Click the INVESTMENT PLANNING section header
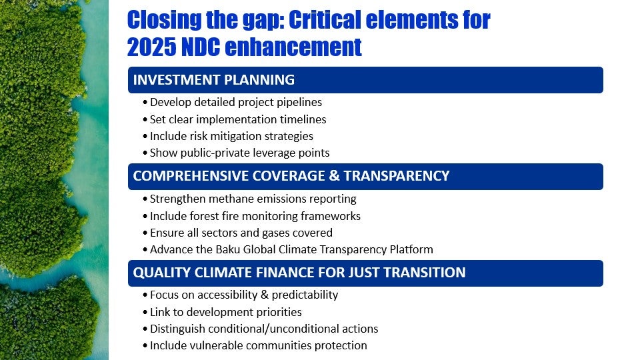pos(214,80)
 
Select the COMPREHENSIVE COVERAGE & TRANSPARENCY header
pos(291,176)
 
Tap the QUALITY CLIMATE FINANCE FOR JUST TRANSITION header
pos(299,273)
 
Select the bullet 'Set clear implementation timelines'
pos(238,119)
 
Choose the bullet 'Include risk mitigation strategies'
pos(231,136)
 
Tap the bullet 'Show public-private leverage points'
pos(239,153)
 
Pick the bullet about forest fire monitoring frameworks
pos(255,216)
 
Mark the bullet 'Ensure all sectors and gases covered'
pos(241,233)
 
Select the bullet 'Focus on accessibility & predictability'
pos(243,295)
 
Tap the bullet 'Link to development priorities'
pos(225,312)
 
